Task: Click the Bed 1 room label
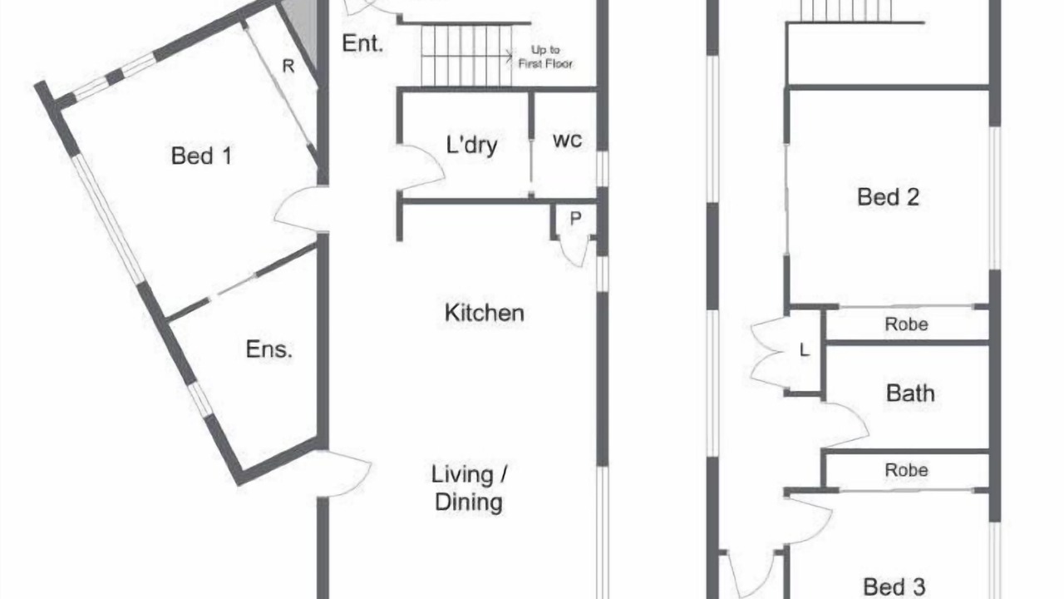[201, 156]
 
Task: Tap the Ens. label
[268, 349]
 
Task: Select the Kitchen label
[485, 313]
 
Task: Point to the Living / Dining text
[469, 488]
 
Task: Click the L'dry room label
[471, 145]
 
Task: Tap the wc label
[567, 141]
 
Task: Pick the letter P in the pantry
[575, 218]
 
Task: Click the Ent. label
[362, 44]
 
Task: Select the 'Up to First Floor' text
[545, 57]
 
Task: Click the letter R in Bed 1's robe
[288, 66]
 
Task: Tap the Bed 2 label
[888, 197]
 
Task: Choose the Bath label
[910, 394]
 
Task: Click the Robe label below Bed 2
[906, 324]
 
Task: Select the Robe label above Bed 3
[906, 470]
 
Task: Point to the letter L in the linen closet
[804, 350]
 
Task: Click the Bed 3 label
[894, 587]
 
